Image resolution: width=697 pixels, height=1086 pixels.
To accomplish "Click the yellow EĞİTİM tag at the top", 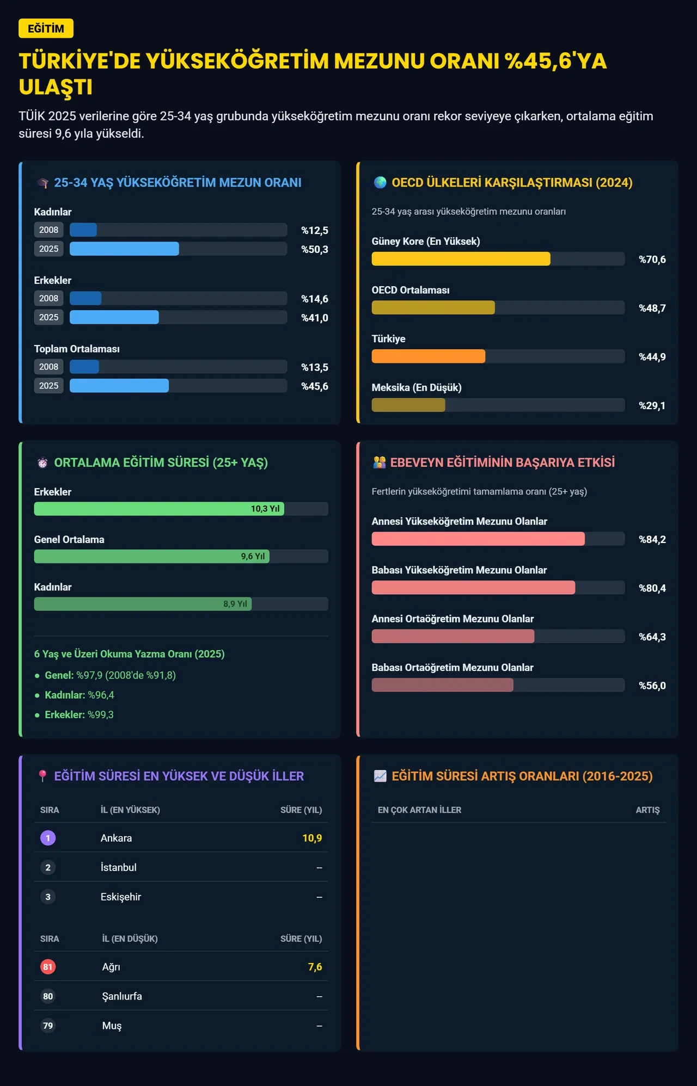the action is pyautogui.click(x=46, y=28).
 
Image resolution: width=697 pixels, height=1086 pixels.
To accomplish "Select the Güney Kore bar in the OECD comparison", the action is pyautogui.click(x=461, y=259).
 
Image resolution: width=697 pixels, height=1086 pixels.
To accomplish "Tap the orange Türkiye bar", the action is pyautogui.click(x=429, y=356).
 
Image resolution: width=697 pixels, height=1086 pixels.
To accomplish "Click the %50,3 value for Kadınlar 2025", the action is pyautogui.click(x=315, y=249).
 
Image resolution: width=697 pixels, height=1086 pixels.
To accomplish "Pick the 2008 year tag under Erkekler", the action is pyautogui.click(x=48, y=298).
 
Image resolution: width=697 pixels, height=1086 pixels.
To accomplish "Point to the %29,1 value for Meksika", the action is pyautogui.click(x=652, y=405).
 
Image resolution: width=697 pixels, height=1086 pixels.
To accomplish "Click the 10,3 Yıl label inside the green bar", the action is pyautogui.click(x=265, y=509).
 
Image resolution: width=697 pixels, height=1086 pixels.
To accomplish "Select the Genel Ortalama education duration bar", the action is pyautogui.click(x=152, y=556).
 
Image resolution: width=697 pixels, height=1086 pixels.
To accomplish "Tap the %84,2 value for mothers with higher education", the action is pyautogui.click(x=652, y=539).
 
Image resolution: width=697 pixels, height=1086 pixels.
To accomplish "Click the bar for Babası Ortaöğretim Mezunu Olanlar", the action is pyautogui.click(x=443, y=685).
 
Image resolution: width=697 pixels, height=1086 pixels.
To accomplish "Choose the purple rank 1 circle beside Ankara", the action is pyautogui.click(x=48, y=838).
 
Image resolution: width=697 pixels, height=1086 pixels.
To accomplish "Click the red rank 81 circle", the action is pyautogui.click(x=48, y=967).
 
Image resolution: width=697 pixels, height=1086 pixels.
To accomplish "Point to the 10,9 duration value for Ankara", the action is pyautogui.click(x=312, y=838).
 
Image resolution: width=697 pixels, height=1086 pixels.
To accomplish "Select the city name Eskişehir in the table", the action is pyautogui.click(x=121, y=897).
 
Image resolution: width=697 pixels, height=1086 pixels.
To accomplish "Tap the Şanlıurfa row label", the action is pyautogui.click(x=122, y=996).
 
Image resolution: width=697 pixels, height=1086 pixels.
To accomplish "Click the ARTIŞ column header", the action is pyautogui.click(x=647, y=810).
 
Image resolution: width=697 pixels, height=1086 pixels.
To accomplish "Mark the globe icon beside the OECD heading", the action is pyautogui.click(x=380, y=182).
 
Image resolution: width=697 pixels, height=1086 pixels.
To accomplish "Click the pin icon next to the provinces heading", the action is pyautogui.click(x=42, y=776).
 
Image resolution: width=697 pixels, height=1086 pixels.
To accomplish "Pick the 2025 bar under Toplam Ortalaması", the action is pyautogui.click(x=119, y=386).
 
